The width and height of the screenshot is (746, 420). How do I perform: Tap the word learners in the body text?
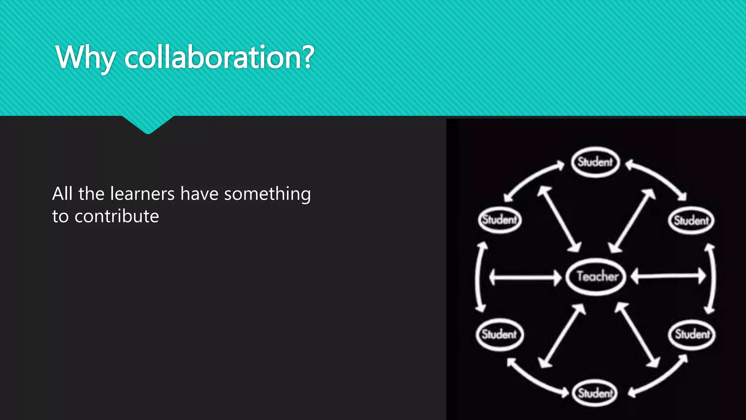(142, 194)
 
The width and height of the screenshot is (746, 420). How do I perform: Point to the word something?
(267, 194)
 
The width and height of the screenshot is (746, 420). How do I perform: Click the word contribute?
(117, 217)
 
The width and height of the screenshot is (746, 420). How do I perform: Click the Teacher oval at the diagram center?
(597, 276)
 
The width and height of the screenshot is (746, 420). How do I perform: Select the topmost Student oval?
(595, 162)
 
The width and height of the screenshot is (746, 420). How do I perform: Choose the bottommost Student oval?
(595, 393)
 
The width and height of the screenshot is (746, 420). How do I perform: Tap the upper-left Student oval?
(500, 219)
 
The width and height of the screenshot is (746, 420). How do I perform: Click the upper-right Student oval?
(691, 220)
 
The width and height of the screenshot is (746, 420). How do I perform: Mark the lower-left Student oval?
(499, 334)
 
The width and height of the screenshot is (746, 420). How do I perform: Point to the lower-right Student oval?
(692, 334)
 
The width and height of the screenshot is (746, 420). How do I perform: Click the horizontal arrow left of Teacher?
(525, 277)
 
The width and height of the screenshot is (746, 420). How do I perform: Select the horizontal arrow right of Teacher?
(668, 276)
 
